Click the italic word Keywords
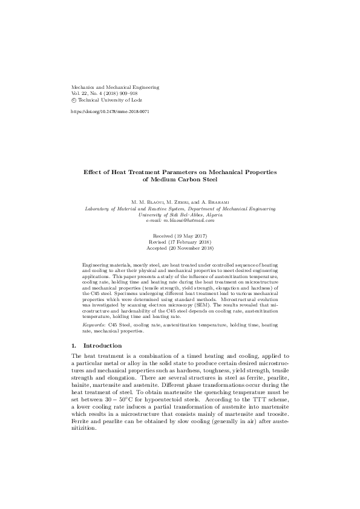(93, 325)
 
